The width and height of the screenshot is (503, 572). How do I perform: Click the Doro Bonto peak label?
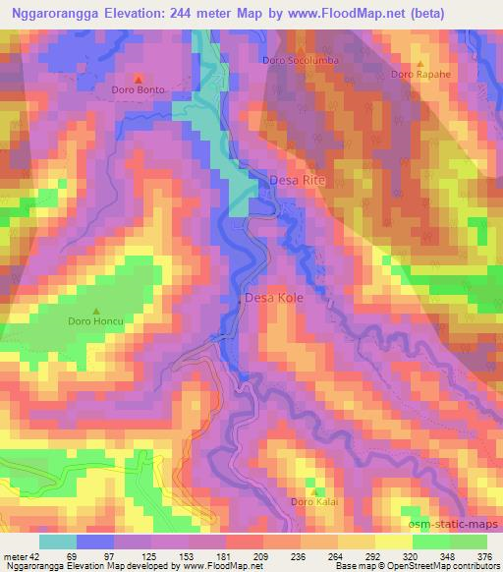[x=139, y=90]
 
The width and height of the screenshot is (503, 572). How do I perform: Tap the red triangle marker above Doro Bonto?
[x=139, y=78]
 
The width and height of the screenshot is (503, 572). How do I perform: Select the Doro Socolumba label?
[x=299, y=60]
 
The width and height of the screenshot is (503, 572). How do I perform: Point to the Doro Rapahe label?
[x=419, y=75]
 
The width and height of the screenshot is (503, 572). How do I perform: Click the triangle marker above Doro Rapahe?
[x=419, y=63]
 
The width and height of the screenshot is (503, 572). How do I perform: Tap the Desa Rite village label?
[x=296, y=181]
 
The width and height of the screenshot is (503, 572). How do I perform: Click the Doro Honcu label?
[x=95, y=321]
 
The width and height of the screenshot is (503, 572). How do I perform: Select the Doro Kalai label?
[x=313, y=502]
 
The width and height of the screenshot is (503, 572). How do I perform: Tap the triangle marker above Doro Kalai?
[x=313, y=490]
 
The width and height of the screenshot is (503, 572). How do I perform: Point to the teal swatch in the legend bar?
[x=57, y=541]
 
